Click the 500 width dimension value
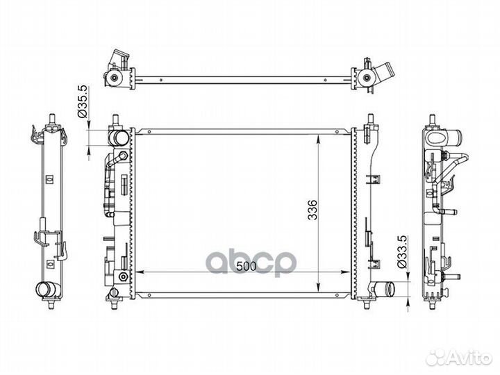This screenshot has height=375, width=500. [246, 266]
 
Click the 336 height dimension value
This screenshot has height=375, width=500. [312, 210]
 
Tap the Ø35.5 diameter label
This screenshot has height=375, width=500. [83, 101]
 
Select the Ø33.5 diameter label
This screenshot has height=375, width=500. [402, 252]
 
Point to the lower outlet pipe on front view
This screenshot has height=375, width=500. [385, 290]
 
